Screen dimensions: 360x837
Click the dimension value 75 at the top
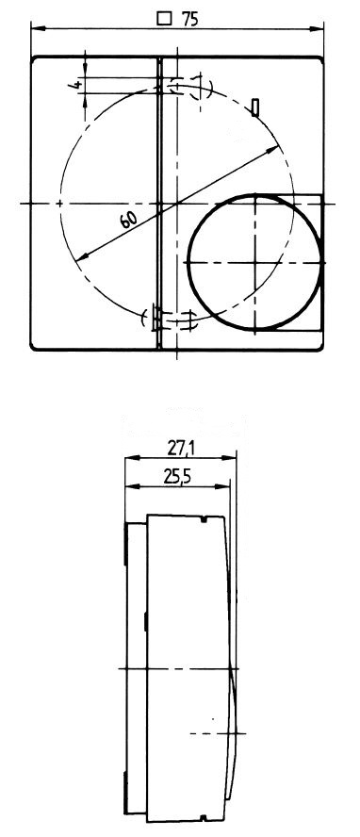click(x=189, y=19)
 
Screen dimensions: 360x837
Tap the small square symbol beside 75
click(x=165, y=19)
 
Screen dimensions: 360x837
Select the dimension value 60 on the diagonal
click(x=129, y=219)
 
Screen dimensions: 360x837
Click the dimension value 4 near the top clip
click(x=76, y=85)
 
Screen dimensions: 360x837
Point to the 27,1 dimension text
click(x=180, y=449)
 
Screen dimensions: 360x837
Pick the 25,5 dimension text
click(x=177, y=478)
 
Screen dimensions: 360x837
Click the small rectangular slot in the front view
click(x=255, y=107)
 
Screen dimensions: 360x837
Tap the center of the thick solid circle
click(x=255, y=262)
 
